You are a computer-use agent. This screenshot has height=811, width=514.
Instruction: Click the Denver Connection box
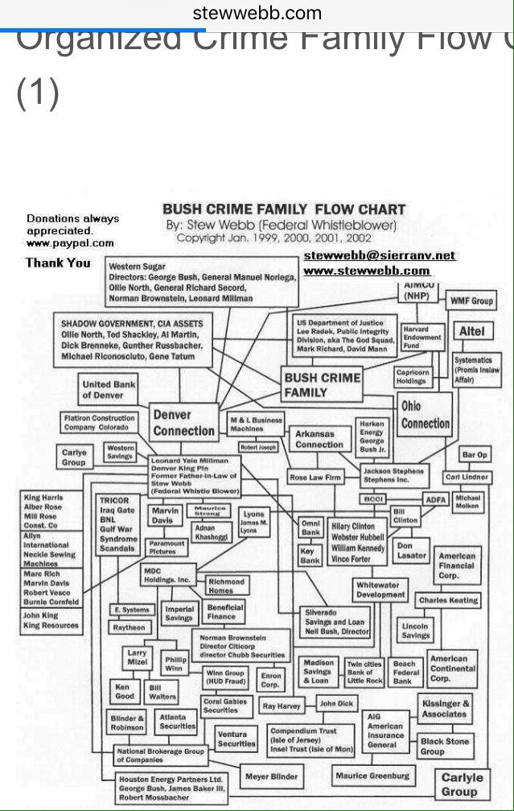point(184,422)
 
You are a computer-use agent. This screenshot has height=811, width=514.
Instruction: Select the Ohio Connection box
point(426,415)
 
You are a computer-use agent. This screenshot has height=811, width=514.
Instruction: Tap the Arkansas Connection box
point(319,439)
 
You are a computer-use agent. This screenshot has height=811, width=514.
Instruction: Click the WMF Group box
point(471,301)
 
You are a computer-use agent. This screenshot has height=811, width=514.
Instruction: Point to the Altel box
point(471,331)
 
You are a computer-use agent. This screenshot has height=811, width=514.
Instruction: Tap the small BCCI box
point(373,499)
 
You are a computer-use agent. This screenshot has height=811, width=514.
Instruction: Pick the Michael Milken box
point(467,503)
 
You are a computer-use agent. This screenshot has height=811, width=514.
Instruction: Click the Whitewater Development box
point(380,590)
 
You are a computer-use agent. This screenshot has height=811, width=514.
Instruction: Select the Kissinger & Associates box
point(444,709)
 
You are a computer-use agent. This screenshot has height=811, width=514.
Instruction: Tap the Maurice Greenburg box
point(372,776)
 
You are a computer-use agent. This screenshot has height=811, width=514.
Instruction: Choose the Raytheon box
point(129,627)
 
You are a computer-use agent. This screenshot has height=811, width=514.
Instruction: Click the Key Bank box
point(310,556)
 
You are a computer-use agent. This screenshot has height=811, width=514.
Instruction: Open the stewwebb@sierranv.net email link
point(380,255)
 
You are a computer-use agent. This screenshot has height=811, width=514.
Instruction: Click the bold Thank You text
point(58,263)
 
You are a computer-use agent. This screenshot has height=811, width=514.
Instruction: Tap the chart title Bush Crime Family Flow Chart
point(284,210)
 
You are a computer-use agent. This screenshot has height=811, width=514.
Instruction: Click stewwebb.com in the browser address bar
point(257,13)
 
